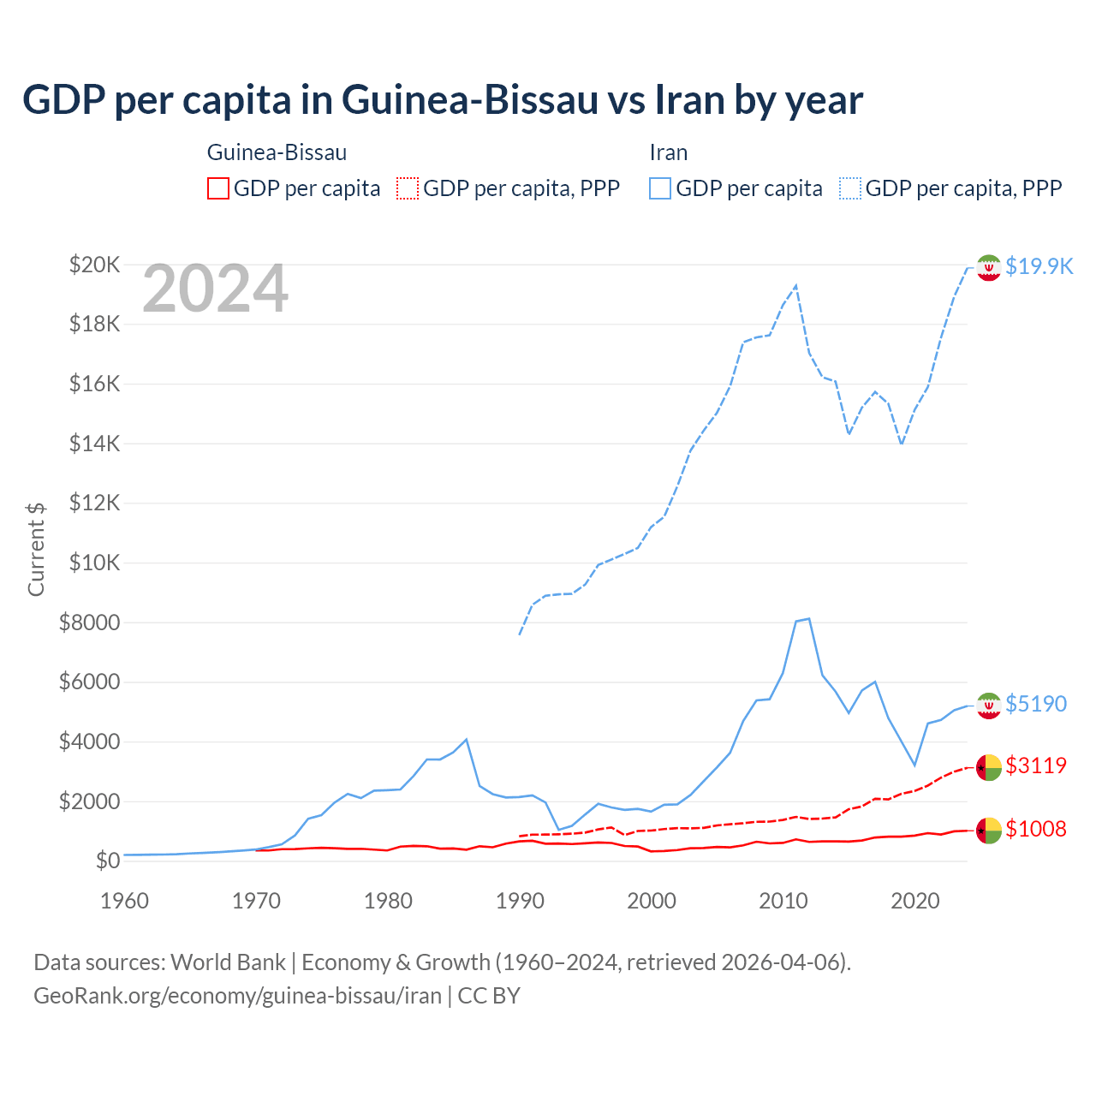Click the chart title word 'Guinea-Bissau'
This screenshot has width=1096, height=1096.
pyautogui.click(x=469, y=100)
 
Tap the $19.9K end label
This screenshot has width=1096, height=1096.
pyautogui.click(x=1039, y=266)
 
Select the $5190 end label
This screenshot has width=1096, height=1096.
pyautogui.click(x=1036, y=704)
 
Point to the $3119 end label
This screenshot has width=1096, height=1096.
pyautogui.click(x=1036, y=765)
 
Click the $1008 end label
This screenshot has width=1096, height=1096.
pyautogui.click(x=1036, y=829)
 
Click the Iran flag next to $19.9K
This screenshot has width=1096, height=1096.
pyautogui.click(x=989, y=267)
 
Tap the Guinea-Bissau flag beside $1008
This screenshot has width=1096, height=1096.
pyautogui.click(x=989, y=830)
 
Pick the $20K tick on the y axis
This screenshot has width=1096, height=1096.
pyautogui.click(x=94, y=265)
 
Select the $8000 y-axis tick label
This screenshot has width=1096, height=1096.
pyautogui.click(x=89, y=622)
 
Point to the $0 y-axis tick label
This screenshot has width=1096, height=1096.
pyautogui.click(x=107, y=861)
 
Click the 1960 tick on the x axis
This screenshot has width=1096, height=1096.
pyautogui.click(x=124, y=901)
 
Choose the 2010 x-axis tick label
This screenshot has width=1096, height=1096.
pyautogui.click(x=783, y=901)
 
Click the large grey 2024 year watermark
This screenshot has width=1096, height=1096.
pyautogui.click(x=215, y=289)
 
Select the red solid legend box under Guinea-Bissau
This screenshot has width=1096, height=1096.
pyautogui.click(x=218, y=188)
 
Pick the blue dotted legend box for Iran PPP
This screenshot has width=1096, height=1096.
pyautogui.click(x=850, y=188)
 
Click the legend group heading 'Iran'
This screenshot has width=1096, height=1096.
pyautogui.click(x=668, y=152)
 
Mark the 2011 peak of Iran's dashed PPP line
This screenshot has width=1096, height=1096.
pyautogui.click(x=796, y=285)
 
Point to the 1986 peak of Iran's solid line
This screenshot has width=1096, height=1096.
pyautogui.click(x=466, y=739)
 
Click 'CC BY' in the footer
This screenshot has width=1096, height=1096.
pyautogui.click(x=489, y=996)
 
